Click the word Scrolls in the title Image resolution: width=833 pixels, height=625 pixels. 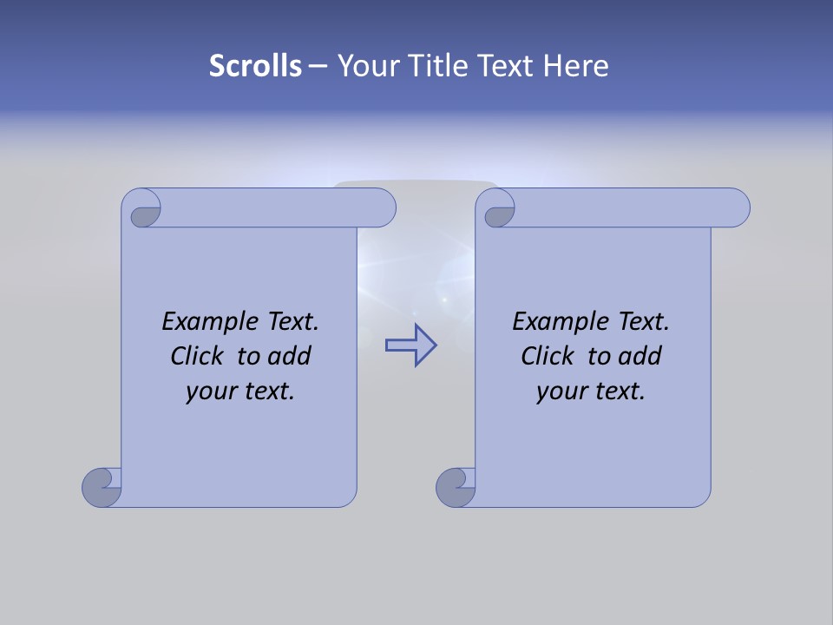255,66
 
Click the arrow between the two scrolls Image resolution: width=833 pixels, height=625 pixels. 410,345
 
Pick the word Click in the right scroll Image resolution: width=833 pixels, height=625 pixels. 547,356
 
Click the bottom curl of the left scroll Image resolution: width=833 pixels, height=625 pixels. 101,487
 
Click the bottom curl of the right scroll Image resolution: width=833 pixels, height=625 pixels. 455,487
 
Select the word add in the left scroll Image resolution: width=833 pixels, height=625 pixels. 289,356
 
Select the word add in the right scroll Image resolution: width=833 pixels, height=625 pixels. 640,356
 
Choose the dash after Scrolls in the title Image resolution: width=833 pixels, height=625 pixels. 318,66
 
